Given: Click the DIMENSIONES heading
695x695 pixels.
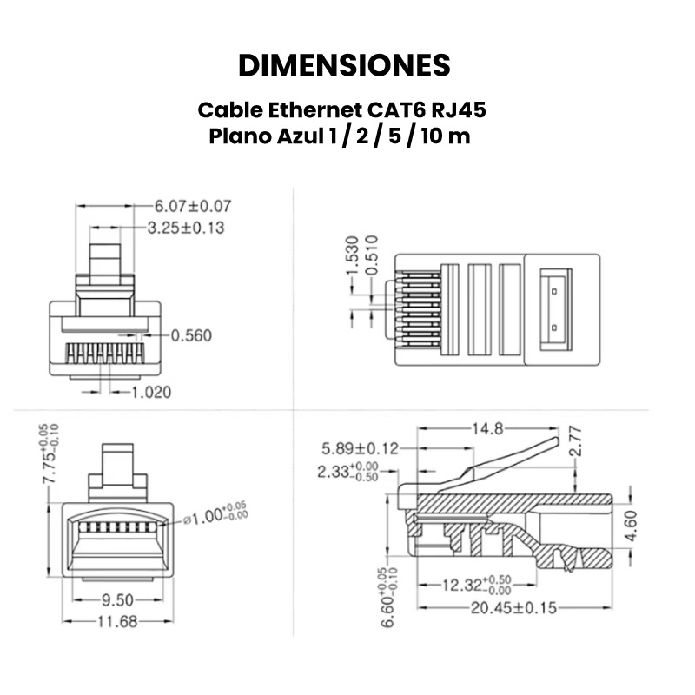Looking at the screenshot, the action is tap(344, 66).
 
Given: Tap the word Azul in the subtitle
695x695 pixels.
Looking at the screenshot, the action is tap(300, 136).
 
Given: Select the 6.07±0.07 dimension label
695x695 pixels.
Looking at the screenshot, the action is tap(193, 206).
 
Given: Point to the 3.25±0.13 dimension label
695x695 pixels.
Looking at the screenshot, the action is tap(186, 228).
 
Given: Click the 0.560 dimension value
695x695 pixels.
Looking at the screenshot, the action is tap(191, 335).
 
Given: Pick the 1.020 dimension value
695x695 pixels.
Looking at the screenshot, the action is tap(151, 393).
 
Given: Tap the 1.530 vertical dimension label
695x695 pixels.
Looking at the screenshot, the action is tap(352, 255).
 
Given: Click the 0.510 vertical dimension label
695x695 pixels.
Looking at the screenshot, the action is tap(373, 255).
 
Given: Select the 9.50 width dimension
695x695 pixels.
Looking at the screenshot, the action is tap(117, 600).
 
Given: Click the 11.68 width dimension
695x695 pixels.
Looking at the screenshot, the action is tap(117, 622).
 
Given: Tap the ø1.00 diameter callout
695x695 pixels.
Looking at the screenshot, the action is tap(215, 515).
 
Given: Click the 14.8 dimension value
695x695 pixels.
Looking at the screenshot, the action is tap(487, 428).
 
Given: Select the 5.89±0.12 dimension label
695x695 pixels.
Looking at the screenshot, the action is tap(360, 449).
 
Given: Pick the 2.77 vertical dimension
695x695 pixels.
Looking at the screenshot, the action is tap(575, 441).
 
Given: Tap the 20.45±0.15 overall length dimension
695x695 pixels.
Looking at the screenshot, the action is tap(513, 607).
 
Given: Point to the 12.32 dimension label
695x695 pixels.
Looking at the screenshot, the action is tap(477, 585).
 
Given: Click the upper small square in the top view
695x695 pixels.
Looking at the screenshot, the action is tap(554, 291).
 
